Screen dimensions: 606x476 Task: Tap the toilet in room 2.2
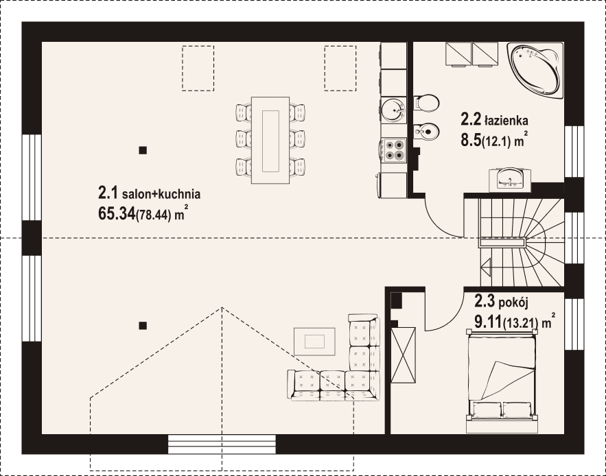[427, 103]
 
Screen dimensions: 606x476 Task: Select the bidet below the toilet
[427, 132]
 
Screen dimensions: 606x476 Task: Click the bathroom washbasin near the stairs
[510, 179]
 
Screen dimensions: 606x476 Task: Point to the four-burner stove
[394, 150]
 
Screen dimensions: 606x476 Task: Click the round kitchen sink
[393, 109]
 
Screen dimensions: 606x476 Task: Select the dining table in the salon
[270, 140]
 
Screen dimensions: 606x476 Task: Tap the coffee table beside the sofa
[314, 342]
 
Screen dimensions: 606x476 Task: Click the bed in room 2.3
[502, 381]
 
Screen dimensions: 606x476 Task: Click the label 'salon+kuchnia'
[161, 194]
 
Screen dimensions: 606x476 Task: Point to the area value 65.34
[117, 213]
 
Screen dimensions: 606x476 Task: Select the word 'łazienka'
[506, 121]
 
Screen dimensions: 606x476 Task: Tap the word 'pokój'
[513, 302]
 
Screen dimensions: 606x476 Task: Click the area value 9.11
[488, 322]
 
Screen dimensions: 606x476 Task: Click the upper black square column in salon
[143, 150]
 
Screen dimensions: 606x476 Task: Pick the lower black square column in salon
[143, 326]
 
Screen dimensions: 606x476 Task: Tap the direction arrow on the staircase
[485, 265]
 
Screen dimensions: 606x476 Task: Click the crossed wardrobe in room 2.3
[403, 355]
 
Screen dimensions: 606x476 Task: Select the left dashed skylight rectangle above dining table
[198, 69]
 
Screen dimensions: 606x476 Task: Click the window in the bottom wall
[222, 444]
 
